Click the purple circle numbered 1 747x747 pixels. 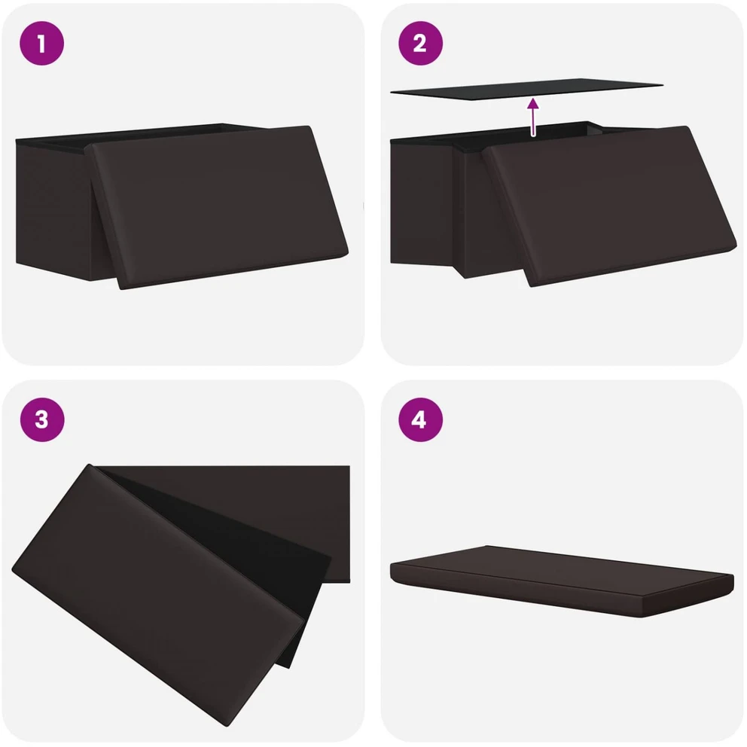click(41, 44)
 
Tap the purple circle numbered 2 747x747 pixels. click(420, 44)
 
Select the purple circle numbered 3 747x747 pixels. click(41, 419)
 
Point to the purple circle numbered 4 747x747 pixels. click(420, 419)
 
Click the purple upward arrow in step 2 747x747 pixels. click(533, 117)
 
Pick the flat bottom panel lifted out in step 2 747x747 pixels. click(526, 89)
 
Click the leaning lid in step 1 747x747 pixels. click(219, 206)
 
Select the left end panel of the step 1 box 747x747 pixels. click(53, 209)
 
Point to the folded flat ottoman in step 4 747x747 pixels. click(563, 581)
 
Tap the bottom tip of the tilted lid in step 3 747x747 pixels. click(227, 727)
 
